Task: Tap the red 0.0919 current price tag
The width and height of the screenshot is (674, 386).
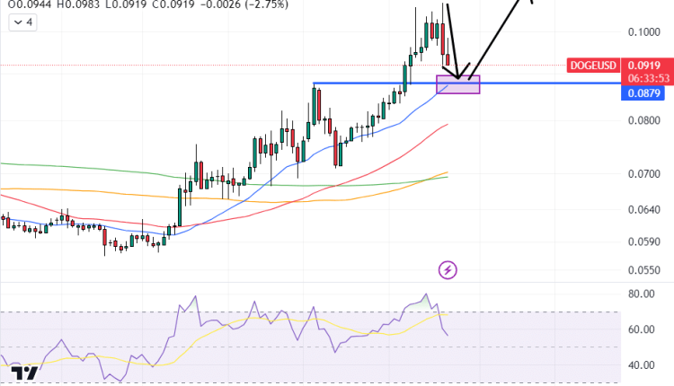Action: pos(645,66)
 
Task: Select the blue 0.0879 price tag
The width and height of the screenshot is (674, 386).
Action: pos(645,93)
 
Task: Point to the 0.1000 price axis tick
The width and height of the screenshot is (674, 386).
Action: pos(645,32)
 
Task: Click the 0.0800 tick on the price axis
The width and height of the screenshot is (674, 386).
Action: pos(645,120)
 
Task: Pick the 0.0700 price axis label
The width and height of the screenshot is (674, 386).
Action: pos(645,174)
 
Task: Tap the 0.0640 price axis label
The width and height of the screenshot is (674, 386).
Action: pos(645,210)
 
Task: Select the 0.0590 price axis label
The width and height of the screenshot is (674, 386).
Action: pos(645,241)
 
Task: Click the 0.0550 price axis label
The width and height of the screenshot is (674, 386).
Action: pos(645,269)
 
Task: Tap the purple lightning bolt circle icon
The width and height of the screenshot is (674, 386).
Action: pos(448,269)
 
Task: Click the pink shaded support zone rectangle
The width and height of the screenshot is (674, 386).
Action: pos(458,84)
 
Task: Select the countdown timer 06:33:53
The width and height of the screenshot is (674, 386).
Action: pos(645,78)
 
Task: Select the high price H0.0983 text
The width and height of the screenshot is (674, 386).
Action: pos(61,4)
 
